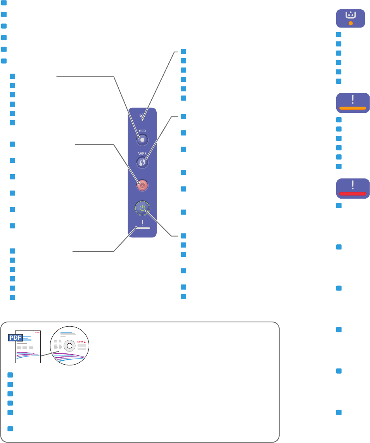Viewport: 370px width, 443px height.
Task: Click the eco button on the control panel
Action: [142, 139]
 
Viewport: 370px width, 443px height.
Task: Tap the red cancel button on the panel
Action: [142, 185]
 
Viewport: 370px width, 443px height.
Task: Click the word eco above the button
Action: [142, 131]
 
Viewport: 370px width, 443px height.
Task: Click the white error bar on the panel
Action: [142, 228]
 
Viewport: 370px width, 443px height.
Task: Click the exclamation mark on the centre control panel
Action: [142, 223]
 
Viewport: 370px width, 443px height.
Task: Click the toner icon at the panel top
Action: [142, 115]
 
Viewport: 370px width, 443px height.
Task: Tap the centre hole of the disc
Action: [69, 345]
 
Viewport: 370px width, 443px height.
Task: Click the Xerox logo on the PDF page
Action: [37, 332]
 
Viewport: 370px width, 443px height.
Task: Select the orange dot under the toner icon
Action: [351, 23]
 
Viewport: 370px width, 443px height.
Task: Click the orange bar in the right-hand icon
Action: [353, 108]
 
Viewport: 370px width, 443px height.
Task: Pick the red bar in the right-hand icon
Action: [353, 193]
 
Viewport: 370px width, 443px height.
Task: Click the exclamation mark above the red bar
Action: [353, 185]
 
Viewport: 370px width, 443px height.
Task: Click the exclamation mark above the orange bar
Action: [353, 99]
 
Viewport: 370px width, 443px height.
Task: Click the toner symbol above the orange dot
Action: [351, 15]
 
